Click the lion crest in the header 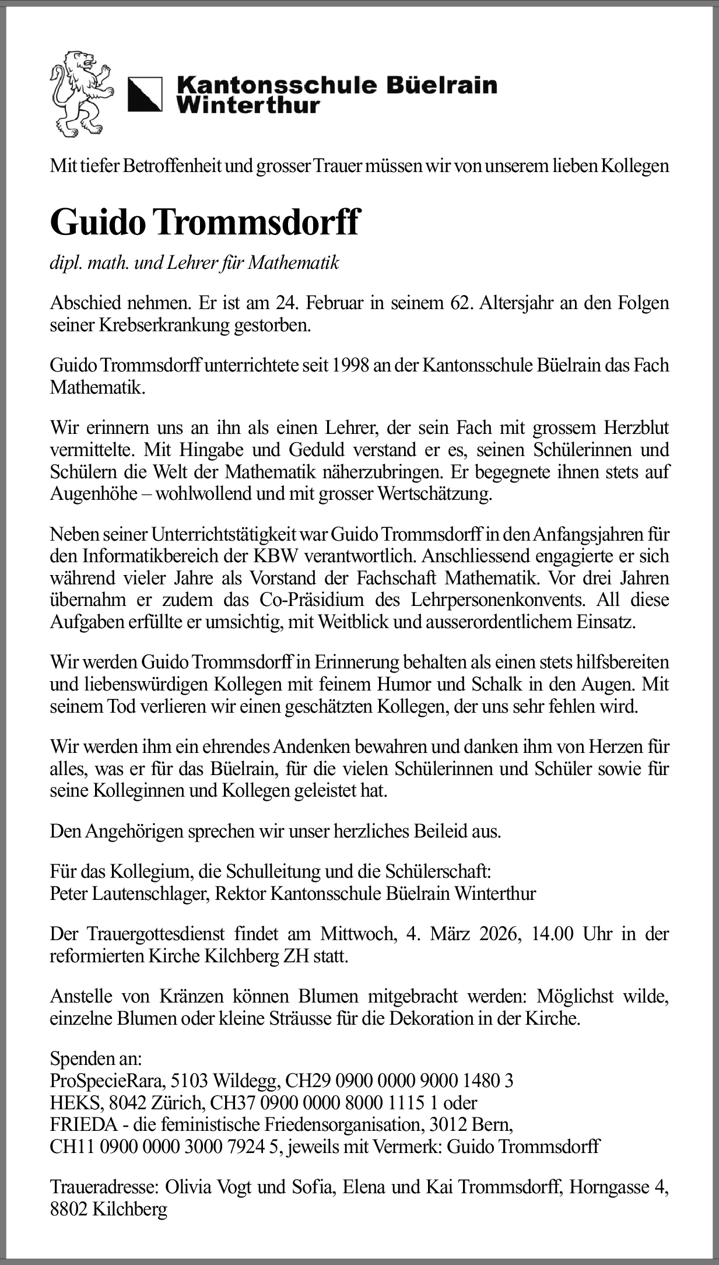point(81,94)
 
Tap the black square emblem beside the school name point(145,94)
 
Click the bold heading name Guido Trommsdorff point(204,222)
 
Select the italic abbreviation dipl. point(66,263)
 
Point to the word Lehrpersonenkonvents point(499,600)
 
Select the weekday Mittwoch point(357,934)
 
